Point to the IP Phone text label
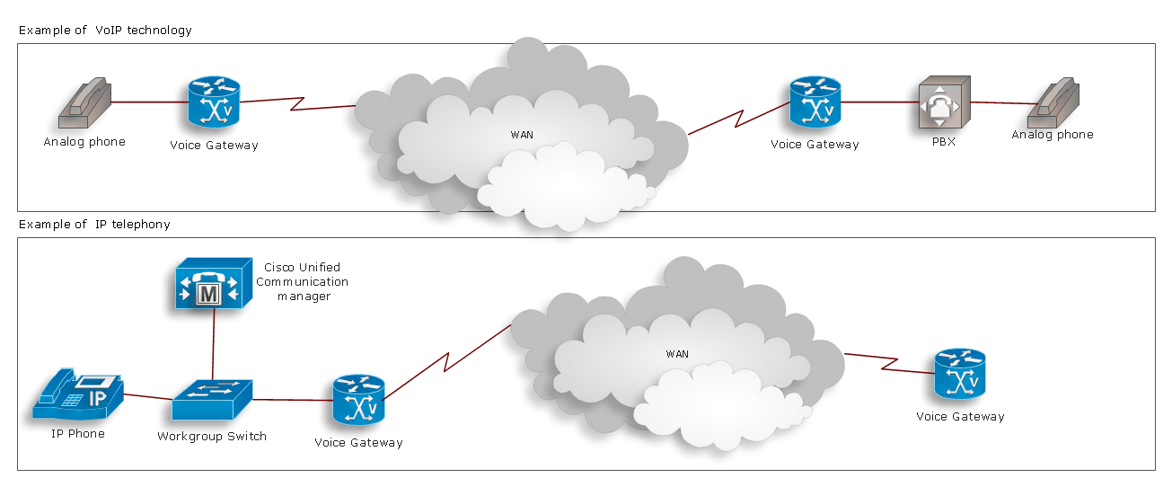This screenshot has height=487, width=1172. click(77, 434)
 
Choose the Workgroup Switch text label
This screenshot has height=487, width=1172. click(212, 437)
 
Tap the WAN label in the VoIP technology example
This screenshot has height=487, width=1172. click(522, 135)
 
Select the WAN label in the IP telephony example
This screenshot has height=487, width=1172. click(677, 354)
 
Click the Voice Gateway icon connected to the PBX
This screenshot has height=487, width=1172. click(815, 103)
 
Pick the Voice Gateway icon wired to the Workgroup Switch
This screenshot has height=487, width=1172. click(358, 402)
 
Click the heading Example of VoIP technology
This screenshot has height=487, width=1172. click(105, 30)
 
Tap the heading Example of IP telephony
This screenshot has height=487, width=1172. click(94, 224)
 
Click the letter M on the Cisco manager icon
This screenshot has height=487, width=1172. click(209, 294)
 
